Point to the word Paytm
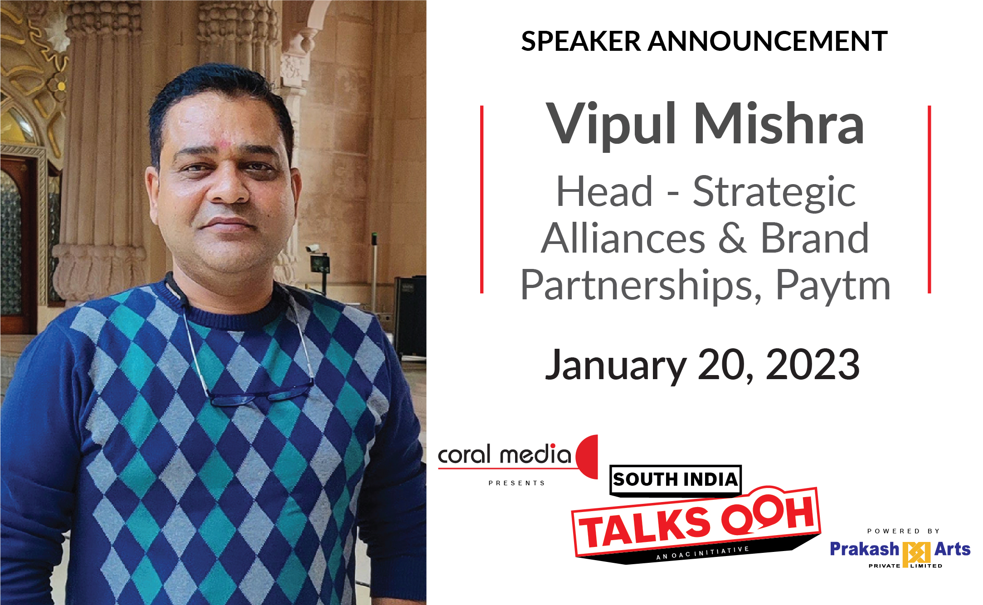pyautogui.click(x=833, y=286)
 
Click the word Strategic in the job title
pyautogui.click(x=774, y=193)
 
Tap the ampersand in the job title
pyautogui.click(x=732, y=238)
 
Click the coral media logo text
pyautogui.click(x=504, y=454)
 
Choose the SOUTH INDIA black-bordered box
pyautogui.click(x=676, y=480)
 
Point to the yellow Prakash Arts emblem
pyautogui.click(x=916, y=554)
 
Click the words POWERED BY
pyautogui.click(x=904, y=531)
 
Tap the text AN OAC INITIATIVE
pyautogui.click(x=702, y=553)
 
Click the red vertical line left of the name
pyautogui.click(x=482, y=199)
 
